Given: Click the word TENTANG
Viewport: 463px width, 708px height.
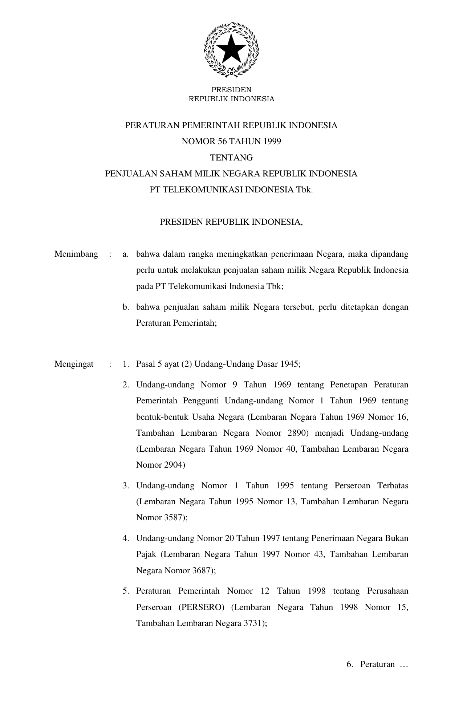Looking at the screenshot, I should (231, 158).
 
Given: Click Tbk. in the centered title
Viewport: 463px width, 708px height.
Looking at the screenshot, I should (304, 190).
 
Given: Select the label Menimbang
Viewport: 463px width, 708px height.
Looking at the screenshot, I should (76, 254).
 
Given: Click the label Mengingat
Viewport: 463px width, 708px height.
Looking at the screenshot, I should (74, 364).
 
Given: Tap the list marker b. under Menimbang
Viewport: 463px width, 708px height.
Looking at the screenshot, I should (126, 307).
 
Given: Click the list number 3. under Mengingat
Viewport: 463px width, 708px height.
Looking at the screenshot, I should (126, 486).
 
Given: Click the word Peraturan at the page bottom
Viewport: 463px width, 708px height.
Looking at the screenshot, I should (377, 664).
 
